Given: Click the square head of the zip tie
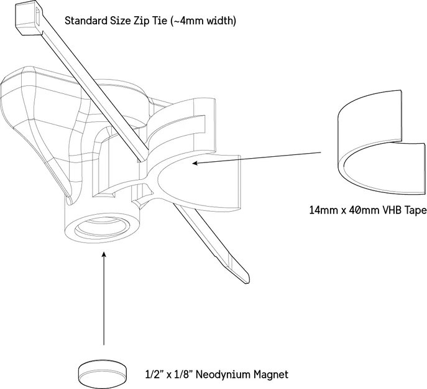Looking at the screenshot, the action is coord(28,18).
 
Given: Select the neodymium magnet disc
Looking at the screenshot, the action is coord(103,373).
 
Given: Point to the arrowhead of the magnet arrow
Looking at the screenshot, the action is coord(103,255).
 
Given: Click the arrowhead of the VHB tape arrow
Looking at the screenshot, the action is coord(195,163).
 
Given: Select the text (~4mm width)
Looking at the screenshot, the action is coord(203,21).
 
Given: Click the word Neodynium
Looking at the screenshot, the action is coord(223,374).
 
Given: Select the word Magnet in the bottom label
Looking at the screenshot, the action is coord(271,374).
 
